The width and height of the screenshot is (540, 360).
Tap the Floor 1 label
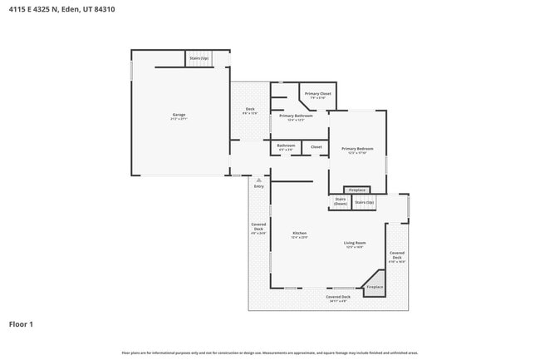[21, 324]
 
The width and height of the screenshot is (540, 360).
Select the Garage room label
[179, 116]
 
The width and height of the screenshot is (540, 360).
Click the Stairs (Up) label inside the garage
[199, 59]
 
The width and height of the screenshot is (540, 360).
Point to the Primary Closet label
[317, 95]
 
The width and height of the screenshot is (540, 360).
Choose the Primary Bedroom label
[357, 150]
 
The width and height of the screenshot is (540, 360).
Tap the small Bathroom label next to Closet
[286, 147]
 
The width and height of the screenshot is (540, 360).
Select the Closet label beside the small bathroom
[316, 147]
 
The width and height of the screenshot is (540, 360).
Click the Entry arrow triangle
[259, 180]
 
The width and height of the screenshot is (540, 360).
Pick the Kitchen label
[299, 234]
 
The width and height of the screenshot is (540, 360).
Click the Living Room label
[356, 244]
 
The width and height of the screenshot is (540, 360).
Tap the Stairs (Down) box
[340, 201]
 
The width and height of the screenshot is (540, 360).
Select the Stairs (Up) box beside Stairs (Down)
[364, 202]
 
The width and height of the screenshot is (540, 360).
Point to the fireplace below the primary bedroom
[356, 190]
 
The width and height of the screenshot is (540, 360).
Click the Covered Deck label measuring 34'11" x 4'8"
[338, 298]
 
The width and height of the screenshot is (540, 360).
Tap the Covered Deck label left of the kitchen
[258, 229]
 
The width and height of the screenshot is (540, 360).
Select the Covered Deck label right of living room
[397, 255]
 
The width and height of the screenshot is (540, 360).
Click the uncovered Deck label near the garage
[249, 111]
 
